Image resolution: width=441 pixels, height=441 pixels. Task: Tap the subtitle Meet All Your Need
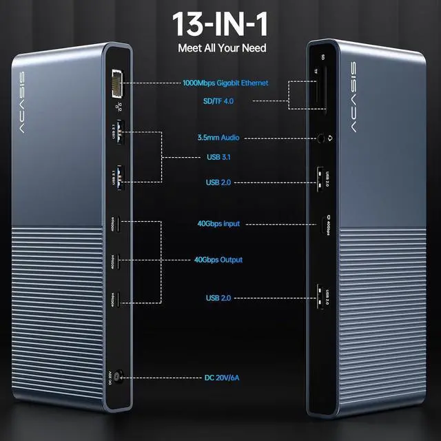point(222,48)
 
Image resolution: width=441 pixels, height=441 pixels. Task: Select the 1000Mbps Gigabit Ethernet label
point(225,83)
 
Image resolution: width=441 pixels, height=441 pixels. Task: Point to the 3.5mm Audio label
point(217,138)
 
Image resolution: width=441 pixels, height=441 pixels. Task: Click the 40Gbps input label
point(221,224)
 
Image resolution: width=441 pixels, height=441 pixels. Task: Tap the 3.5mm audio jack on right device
point(322,138)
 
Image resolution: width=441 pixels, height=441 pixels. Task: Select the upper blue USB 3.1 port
point(119,131)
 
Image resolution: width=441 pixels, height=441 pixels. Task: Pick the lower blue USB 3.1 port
point(119,177)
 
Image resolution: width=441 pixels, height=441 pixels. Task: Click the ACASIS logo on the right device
point(353,96)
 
